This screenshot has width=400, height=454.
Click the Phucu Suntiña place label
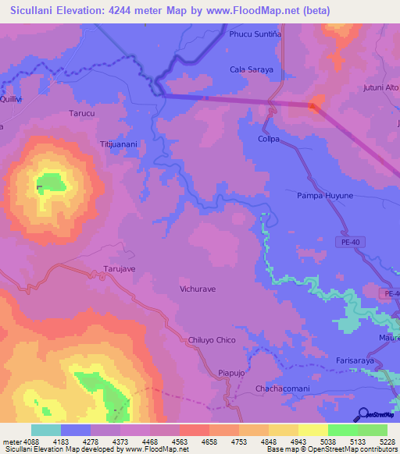(x=255, y=34)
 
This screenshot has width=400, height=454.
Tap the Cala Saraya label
(x=252, y=69)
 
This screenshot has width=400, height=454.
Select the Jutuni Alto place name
(x=380, y=88)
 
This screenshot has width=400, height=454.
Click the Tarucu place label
(x=81, y=113)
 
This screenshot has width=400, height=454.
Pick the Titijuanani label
(x=119, y=144)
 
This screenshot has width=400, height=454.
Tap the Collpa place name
(x=269, y=139)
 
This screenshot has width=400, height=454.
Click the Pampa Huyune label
(x=325, y=195)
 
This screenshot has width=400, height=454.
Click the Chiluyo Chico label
(x=212, y=340)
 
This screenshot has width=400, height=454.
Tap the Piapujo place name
(x=232, y=373)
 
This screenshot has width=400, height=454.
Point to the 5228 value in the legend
(x=387, y=441)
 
